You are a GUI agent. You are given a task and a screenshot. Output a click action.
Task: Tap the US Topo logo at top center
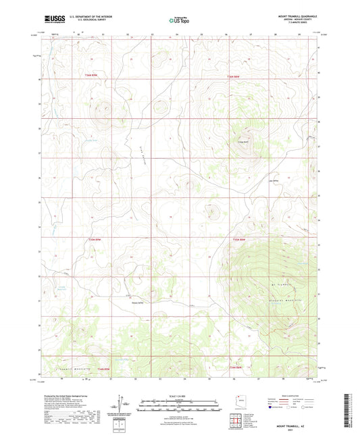(178, 20)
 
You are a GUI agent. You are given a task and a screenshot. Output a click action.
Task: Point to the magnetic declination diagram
(122, 405)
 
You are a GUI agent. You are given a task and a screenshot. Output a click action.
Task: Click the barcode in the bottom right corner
(349, 412)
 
